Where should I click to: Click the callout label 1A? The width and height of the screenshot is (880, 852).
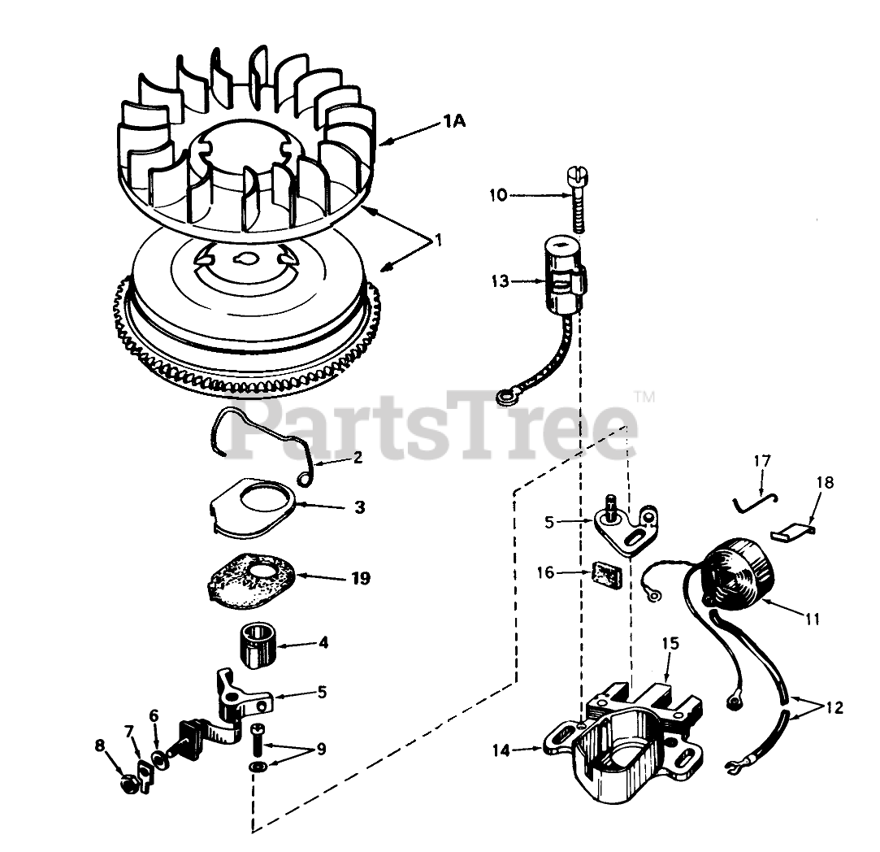pyautogui.click(x=453, y=122)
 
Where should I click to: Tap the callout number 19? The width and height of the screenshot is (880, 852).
pyautogui.click(x=360, y=578)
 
